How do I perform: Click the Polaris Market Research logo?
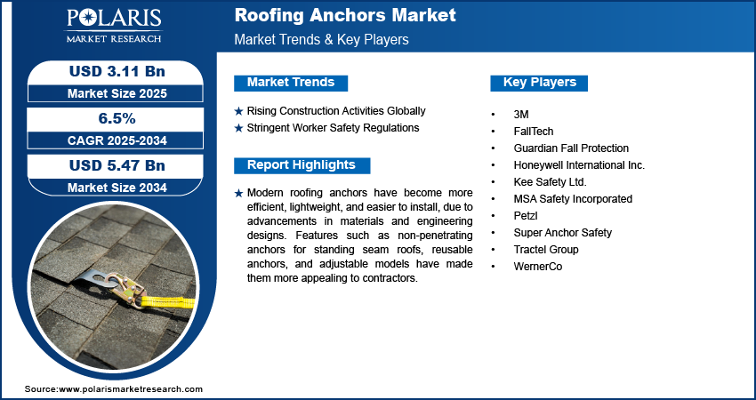coord(114,25)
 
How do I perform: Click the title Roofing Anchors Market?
coord(345,15)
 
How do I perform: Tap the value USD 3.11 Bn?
coord(117,71)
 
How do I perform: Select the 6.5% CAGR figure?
coord(117,118)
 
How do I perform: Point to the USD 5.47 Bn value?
coord(117,165)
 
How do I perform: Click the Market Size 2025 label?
coord(117,93)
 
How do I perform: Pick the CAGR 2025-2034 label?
coord(117,140)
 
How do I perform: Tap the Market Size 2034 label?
coord(117,188)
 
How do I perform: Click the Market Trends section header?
coord(291,83)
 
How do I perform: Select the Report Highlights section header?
coord(302,165)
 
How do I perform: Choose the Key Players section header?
coord(540,83)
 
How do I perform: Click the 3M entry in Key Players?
coord(521,115)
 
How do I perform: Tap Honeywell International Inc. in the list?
coord(579,165)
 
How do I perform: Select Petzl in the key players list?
coord(525,216)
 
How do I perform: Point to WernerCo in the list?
coord(538,267)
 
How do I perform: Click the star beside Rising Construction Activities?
coord(238,112)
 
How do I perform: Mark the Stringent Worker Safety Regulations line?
coord(333,128)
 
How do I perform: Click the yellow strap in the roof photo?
coord(168,302)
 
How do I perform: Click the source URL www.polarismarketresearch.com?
coord(130,389)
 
